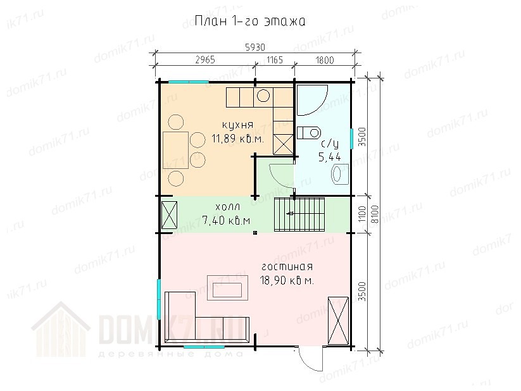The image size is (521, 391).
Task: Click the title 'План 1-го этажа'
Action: pyautogui.click(x=250, y=21)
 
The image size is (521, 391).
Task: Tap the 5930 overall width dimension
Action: pyautogui.click(x=255, y=47)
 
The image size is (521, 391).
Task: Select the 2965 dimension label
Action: pyautogui.click(x=205, y=59)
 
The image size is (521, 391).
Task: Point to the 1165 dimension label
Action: pyautogui.click(x=275, y=60)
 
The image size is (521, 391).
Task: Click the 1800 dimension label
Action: pyautogui.click(x=324, y=60)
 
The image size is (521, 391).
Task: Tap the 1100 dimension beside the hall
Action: pyautogui.click(x=362, y=214)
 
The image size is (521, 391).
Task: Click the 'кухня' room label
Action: pyautogui.click(x=237, y=125)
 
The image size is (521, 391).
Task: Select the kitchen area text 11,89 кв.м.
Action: pyautogui.click(x=238, y=138)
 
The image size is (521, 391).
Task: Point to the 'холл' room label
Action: pyautogui.click(x=228, y=207)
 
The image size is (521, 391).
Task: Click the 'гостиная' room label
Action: pyautogui.click(x=287, y=267)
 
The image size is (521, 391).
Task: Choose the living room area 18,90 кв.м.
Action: pyautogui.click(x=287, y=281)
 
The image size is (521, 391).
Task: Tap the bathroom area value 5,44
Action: pyautogui.click(x=330, y=157)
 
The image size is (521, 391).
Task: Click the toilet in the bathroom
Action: pyautogui.click(x=308, y=133)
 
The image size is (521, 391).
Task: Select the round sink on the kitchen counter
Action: pyautogui.click(x=263, y=96)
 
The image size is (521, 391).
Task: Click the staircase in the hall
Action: pyautogui.click(x=299, y=214)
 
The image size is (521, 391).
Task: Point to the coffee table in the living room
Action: pyautogui.click(x=228, y=288)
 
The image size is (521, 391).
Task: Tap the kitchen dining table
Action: pyautogui.click(x=176, y=150)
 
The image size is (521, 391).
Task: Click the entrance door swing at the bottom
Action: pyautogui.click(x=311, y=359)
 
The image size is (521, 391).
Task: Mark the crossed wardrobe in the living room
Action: pyautogui.click(x=338, y=321)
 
